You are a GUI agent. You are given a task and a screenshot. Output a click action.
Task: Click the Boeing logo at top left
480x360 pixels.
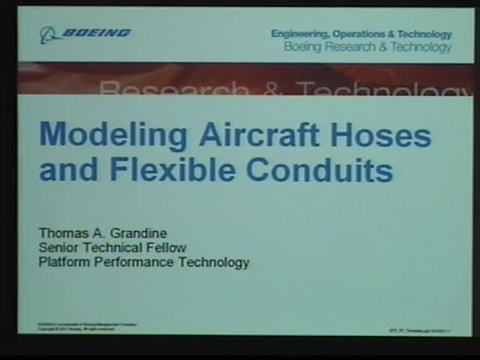pos(85,33)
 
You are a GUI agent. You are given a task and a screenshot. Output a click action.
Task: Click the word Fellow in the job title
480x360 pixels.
pos(166,247)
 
